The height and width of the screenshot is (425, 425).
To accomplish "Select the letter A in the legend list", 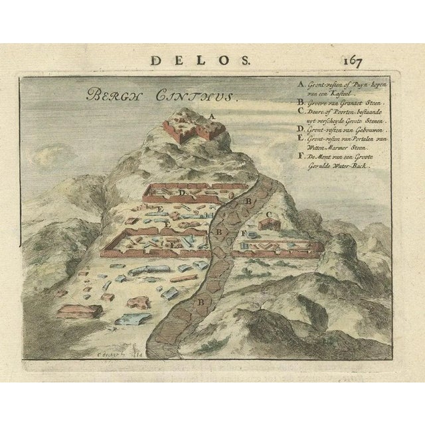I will coord(283,85).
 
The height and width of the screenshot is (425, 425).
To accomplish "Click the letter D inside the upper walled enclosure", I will coord(181,192).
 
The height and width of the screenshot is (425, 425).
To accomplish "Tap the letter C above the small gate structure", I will coord(270,214).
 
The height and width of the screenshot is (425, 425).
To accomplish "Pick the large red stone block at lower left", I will coord(80,310).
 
